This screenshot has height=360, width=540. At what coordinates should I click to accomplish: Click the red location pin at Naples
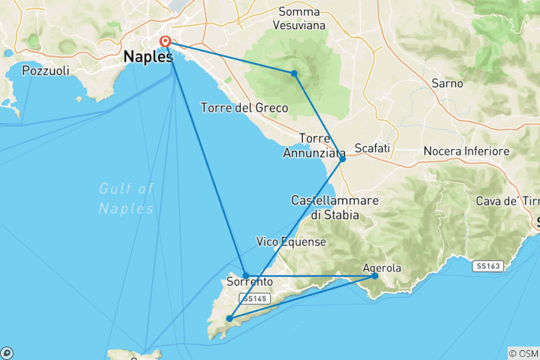click(166, 42)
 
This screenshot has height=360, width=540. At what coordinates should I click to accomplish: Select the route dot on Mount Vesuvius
click(295, 73)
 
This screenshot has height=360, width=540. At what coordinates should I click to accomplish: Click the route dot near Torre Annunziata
click(342, 158)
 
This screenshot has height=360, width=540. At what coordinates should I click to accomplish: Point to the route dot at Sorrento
click(245, 275)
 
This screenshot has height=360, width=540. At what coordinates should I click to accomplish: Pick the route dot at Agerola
click(375, 276)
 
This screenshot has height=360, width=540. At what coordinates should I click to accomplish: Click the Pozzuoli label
click(46, 71)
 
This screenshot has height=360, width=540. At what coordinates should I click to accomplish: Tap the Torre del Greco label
click(244, 108)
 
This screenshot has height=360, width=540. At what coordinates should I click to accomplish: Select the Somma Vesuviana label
click(298, 19)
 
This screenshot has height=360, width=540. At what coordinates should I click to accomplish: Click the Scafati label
click(372, 148)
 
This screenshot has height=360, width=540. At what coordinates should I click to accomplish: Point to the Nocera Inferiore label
click(466, 151)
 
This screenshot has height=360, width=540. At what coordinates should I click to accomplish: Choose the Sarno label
click(447, 83)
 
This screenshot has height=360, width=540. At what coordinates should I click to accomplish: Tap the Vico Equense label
click(291, 241)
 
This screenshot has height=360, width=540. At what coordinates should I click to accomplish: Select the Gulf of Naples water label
click(126, 198)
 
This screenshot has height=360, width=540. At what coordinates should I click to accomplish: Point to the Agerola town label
click(382, 267)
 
